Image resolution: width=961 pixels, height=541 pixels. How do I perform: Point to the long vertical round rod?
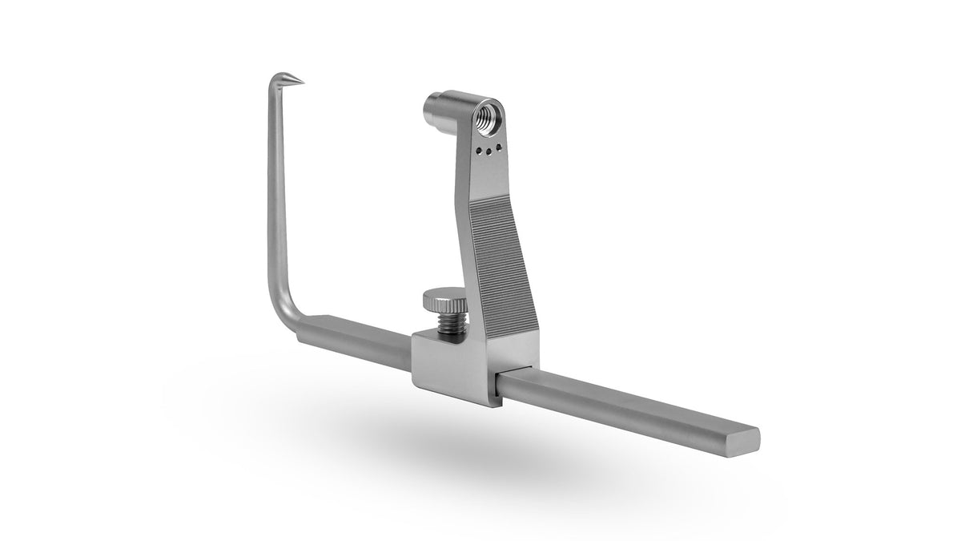click(x=274, y=200)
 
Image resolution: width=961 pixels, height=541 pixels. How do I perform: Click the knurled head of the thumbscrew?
click(x=444, y=303)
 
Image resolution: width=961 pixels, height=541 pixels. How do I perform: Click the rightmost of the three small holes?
click(x=500, y=147)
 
